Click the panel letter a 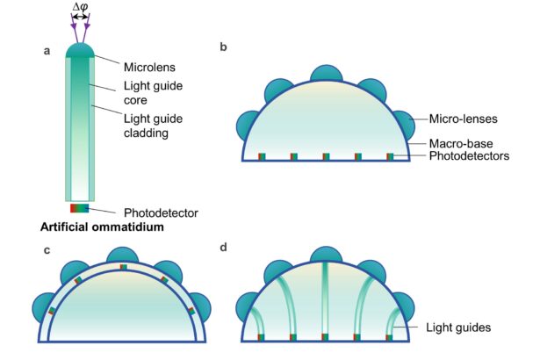point(47,51)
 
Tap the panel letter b point(223,46)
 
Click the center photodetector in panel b point(325,157)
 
